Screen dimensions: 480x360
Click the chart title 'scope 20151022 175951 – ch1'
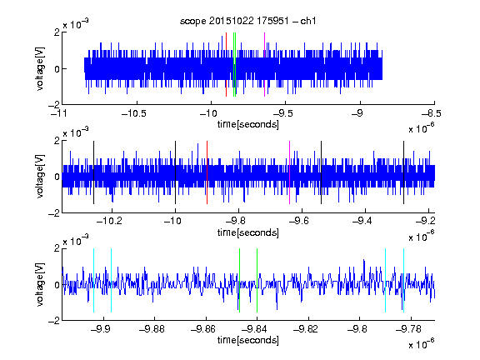(247, 21)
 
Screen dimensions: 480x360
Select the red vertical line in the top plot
(226, 65)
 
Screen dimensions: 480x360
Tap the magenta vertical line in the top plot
(264, 65)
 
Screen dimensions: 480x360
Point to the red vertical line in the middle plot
(207, 172)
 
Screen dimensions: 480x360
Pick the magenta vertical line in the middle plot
(290, 172)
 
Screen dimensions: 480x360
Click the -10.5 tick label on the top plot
(134, 113)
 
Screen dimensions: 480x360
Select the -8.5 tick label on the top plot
(432, 113)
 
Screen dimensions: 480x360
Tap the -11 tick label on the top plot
(59, 113)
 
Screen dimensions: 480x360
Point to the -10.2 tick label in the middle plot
(109, 221)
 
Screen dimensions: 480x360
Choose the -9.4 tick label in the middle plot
(362, 221)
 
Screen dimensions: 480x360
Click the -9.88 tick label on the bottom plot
(152, 329)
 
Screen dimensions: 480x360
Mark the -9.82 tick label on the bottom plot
(306, 329)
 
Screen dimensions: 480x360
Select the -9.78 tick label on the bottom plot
(408, 329)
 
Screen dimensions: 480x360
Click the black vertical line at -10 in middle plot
(175, 172)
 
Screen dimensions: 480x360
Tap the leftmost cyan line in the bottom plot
(93, 280)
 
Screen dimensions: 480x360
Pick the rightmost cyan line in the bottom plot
(404, 280)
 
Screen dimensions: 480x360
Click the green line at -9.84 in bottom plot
(257, 280)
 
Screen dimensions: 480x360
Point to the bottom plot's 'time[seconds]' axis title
(248, 340)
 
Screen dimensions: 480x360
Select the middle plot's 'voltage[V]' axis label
(40, 176)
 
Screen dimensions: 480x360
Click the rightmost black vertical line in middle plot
(404, 172)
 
